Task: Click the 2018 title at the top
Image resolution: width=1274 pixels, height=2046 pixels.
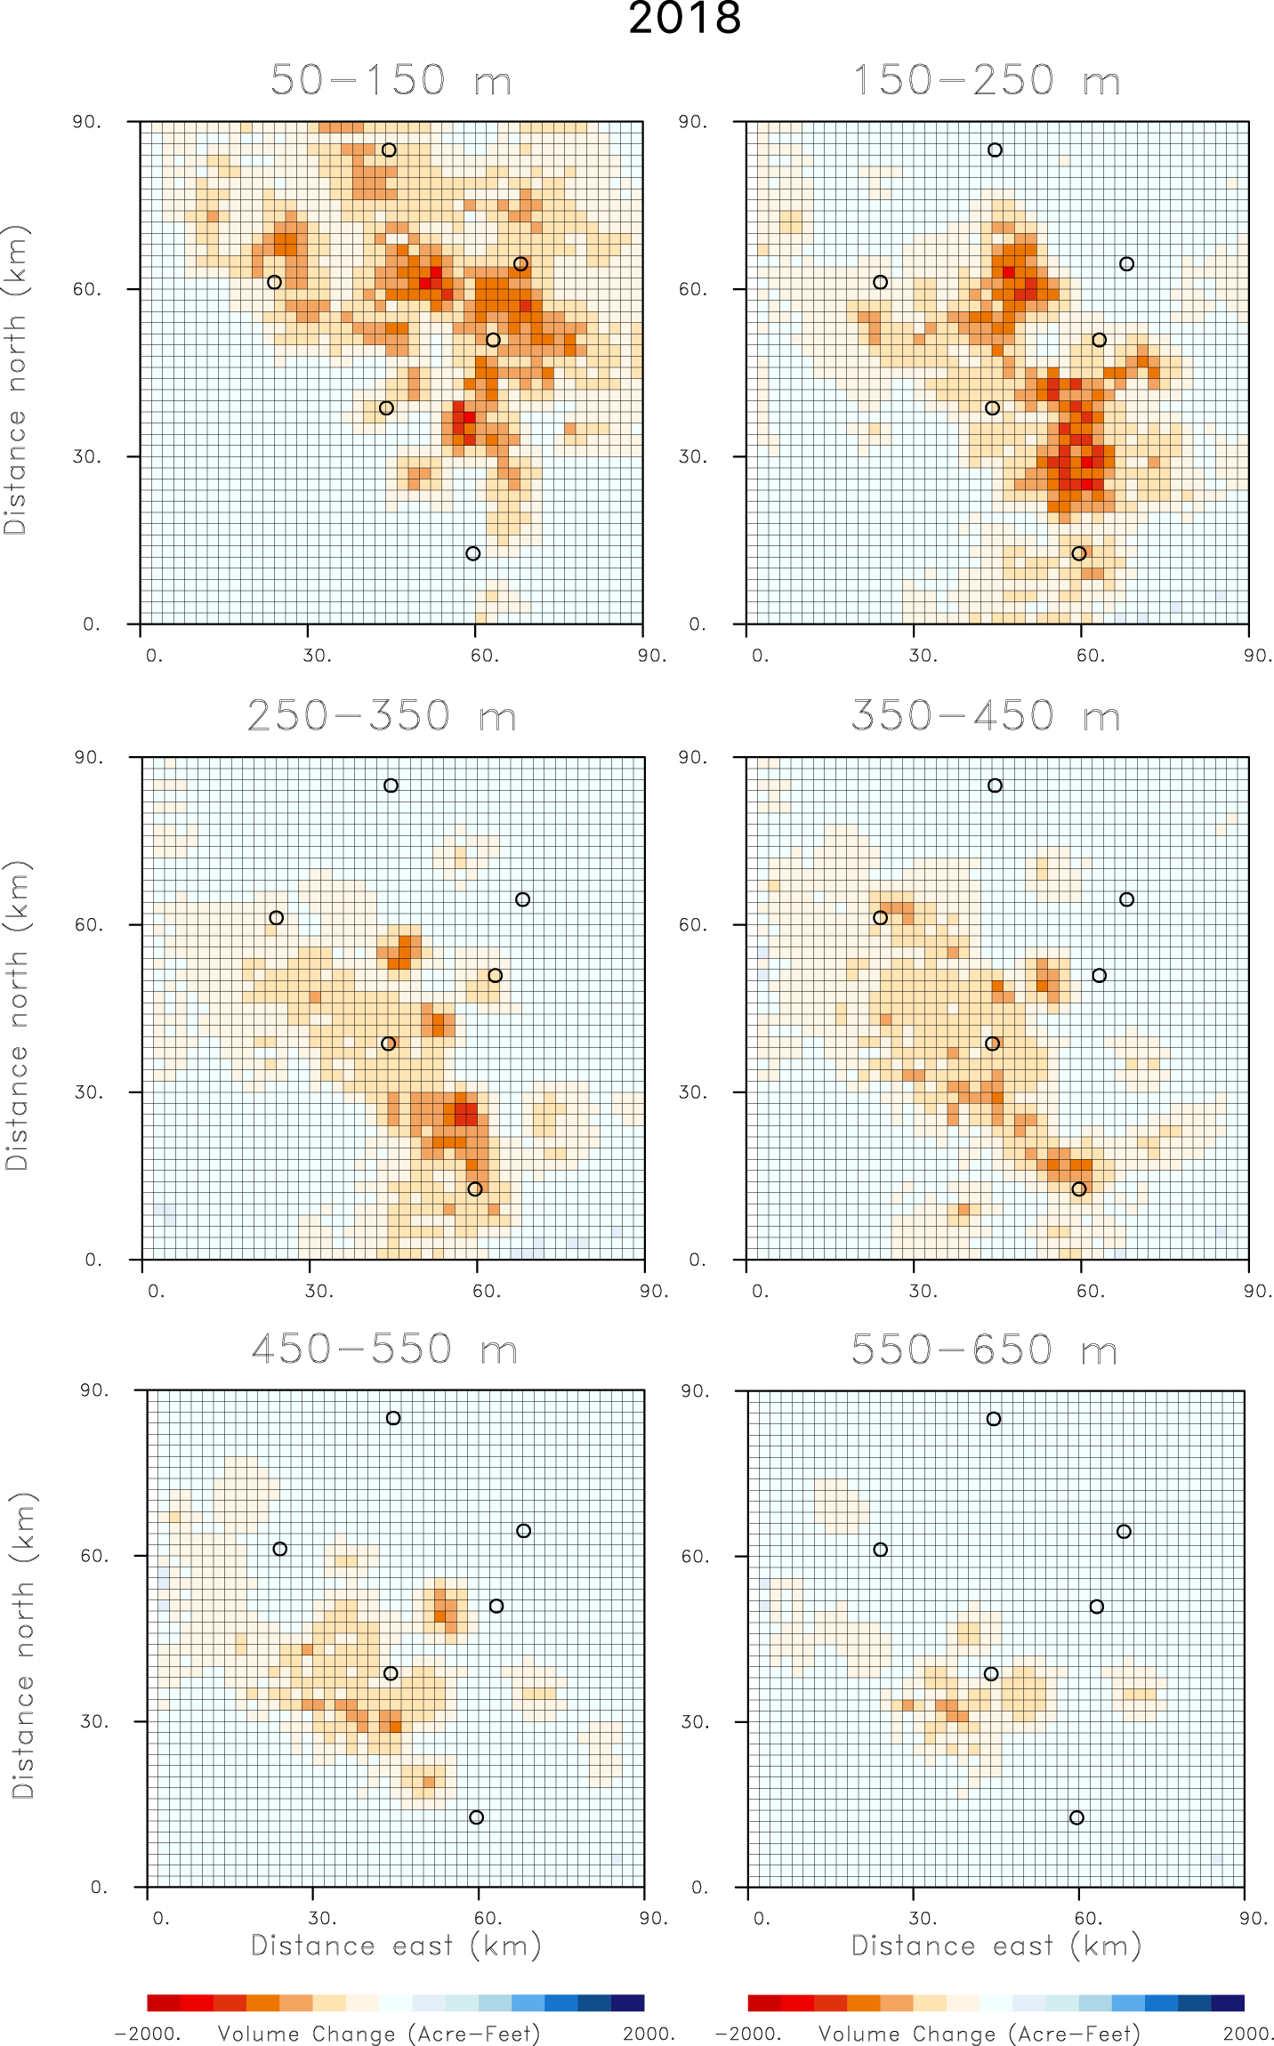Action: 684,19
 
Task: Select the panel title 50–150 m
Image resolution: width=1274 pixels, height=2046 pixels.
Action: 391,81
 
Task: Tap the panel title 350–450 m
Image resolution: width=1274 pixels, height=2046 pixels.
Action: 985,717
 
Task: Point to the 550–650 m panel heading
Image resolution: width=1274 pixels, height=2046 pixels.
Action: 984,1350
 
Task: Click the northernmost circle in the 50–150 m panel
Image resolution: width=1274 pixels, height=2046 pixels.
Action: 389,150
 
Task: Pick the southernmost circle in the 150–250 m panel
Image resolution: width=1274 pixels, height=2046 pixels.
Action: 1079,554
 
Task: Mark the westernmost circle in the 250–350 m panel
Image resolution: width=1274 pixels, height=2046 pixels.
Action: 277,918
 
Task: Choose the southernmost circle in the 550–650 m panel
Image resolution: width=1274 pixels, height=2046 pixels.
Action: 1077,1817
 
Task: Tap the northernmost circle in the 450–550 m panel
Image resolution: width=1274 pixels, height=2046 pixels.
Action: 393,1418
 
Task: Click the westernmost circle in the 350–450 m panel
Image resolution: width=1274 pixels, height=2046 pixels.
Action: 881,918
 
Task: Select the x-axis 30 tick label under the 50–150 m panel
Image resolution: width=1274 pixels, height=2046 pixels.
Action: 317,656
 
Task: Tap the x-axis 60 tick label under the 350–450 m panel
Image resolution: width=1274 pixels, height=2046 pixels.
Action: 1090,1292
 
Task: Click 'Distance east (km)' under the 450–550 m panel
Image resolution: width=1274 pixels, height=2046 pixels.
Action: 396,1945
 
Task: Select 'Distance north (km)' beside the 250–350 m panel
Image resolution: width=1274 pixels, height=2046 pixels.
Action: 18,1015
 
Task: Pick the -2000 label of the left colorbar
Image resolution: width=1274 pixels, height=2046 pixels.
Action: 148,2034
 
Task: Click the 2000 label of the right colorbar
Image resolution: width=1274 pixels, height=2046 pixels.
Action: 1248,2034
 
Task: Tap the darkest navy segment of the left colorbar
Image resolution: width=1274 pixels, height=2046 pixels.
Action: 627,2002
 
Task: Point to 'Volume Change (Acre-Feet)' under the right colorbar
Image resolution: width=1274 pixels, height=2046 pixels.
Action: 979,2034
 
